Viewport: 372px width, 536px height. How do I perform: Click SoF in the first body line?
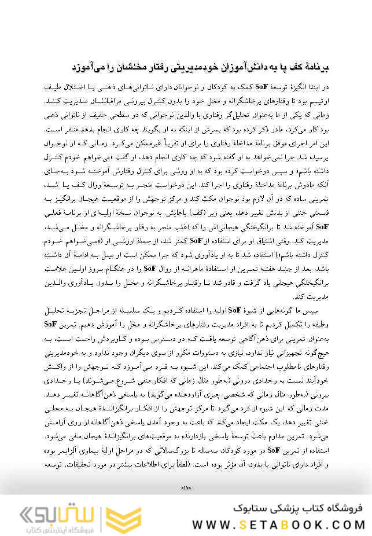pyautogui.click(x=261, y=87)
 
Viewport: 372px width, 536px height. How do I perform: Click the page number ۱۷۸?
pyautogui.click(x=186, y=489)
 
